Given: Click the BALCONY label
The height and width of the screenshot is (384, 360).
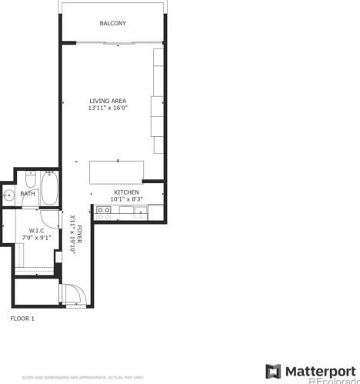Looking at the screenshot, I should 112,24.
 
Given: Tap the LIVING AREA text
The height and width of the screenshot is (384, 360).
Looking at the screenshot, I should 107,101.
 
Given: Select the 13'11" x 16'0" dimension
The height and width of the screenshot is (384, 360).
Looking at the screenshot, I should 107,109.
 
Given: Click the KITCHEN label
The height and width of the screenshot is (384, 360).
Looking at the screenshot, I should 126,192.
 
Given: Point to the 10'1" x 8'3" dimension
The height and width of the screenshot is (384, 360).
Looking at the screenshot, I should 126,199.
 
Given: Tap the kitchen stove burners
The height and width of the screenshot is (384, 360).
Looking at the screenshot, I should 103,210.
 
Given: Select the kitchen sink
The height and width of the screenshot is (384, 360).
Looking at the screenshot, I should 140,210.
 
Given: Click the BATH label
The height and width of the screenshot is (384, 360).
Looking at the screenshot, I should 27,194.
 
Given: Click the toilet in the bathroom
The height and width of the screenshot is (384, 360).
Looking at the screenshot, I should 32,179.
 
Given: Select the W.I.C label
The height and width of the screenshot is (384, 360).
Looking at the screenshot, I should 36,230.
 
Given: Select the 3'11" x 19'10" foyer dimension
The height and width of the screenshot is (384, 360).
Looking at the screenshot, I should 72,239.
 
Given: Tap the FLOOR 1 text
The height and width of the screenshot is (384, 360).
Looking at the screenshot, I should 22,317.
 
